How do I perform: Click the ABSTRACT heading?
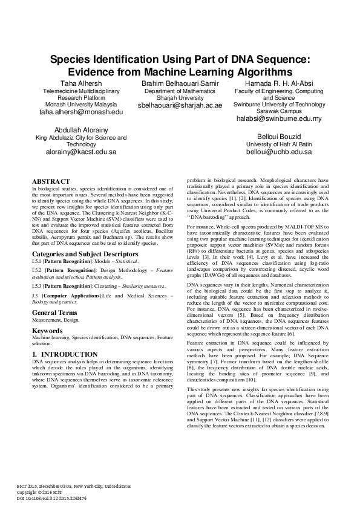coord(51,181)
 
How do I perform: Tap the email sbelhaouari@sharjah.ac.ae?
coord(180,105)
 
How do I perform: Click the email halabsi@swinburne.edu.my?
coord(279,118)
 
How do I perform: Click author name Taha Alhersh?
coord(80,82)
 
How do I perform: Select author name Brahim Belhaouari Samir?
coord(180,82)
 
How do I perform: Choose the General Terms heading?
coord(55,312)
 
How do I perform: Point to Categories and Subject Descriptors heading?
coord(85,254)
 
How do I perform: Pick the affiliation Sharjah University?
coord(180,97)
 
